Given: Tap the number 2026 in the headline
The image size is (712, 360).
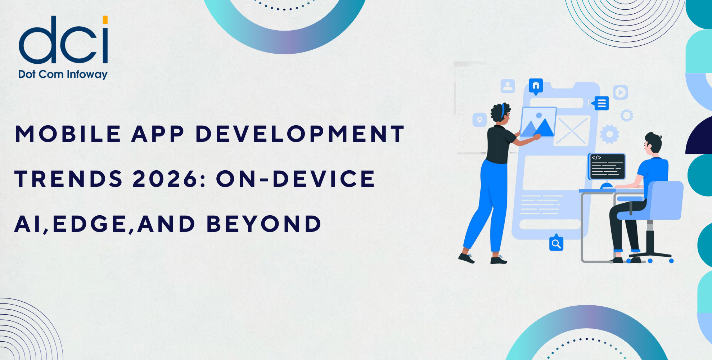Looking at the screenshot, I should click(x=166, y=179).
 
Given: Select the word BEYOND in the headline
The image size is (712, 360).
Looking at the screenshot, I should click(x=264, y=224).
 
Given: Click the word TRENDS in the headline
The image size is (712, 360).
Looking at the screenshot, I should click(x=69, y=179).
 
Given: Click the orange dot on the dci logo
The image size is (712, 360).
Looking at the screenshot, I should click(x=105, y=20).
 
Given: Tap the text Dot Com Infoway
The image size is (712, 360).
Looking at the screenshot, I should click(x=63, y=75).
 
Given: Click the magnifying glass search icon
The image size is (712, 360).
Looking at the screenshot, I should click(x=556, y=244).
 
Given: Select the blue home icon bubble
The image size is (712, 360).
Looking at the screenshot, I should click(x=536, y=86).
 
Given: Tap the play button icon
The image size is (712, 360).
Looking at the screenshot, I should click(x=620, y=93).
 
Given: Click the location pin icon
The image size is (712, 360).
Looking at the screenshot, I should click(x=479, y=120).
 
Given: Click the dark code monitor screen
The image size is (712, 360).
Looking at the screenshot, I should click(x=607, y=166).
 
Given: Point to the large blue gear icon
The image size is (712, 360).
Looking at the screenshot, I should click(x=609, y=134).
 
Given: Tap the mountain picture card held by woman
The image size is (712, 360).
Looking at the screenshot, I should click(x=538, y=122).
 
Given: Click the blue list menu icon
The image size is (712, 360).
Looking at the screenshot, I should click(x=601, y=103).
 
